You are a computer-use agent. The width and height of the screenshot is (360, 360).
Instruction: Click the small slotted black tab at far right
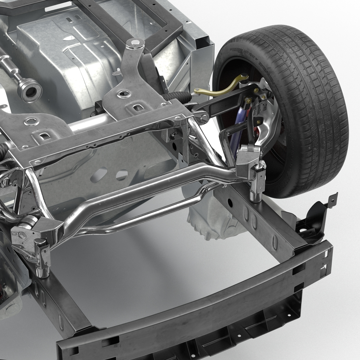[331, 199]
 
